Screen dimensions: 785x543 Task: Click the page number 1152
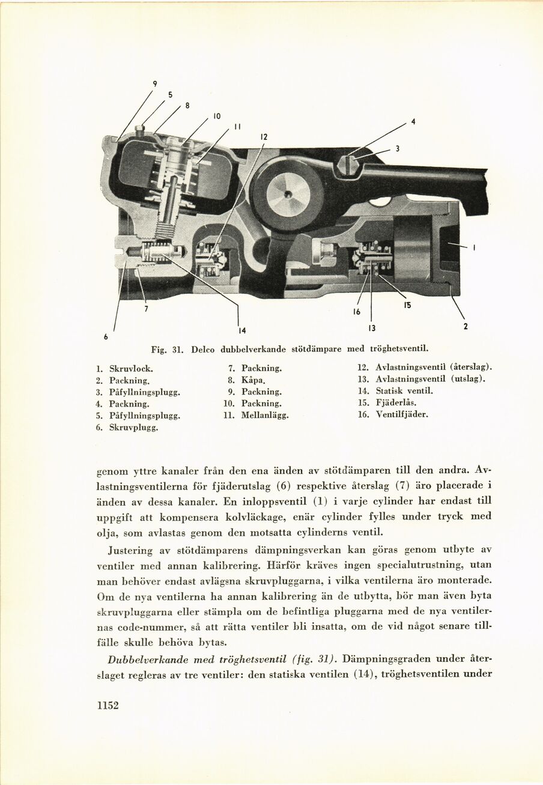click(x=108, y=706)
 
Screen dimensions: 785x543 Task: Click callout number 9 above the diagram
click(x=155, y=84)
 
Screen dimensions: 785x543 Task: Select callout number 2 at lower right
click(x=465, y=327)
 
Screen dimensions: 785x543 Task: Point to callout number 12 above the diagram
click(x=263, y=138)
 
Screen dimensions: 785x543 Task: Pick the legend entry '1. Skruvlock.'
click(x=124, y=368)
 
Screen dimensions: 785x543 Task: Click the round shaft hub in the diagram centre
click(x=288, y=193)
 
